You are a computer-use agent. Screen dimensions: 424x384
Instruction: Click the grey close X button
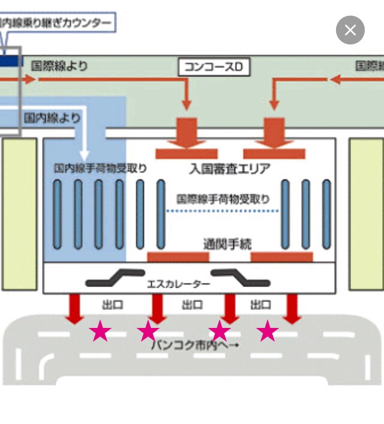coord(350,30)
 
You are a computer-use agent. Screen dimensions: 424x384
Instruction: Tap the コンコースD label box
coord(214,67)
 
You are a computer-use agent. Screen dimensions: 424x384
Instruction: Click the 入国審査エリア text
coord(229,168)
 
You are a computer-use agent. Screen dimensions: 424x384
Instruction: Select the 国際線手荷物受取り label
coord(223,199)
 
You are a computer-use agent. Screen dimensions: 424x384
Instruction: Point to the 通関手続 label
coord(227,244)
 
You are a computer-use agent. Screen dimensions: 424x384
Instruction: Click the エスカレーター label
coord(179,283)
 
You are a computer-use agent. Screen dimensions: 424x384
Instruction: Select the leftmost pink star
coord(100,331)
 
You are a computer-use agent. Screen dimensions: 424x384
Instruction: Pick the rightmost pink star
coord(268,330)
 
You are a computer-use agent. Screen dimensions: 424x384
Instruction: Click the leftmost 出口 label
coord(112,305)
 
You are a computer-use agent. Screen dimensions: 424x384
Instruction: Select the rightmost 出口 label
coord(260,305)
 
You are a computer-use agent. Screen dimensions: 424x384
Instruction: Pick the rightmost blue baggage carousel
coord(326,214)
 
